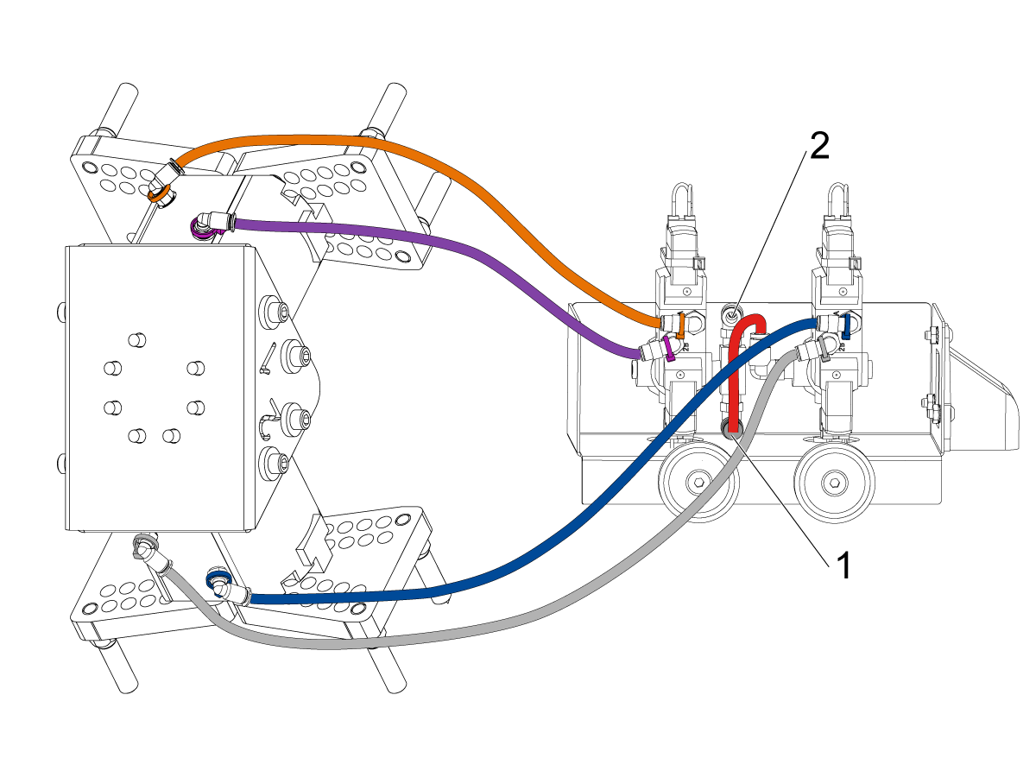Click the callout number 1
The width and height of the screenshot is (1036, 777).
coord(844,566)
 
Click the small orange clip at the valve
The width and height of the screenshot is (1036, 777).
coord(682,325)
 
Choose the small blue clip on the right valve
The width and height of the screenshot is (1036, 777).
coord(847,325)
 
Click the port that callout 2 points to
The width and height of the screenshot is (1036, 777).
coord(733,313)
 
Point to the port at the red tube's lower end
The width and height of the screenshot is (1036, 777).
coord(733,431)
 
